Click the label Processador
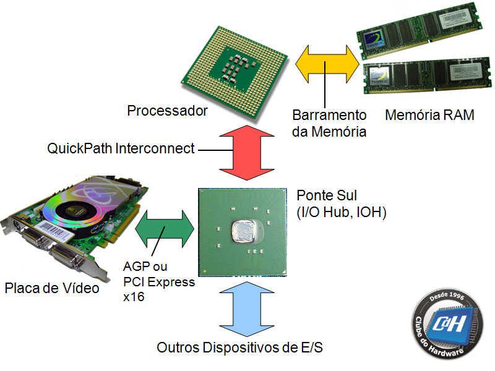(166, 111)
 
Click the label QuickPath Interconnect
(121, 149)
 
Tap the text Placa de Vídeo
(52, 288)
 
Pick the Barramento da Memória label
(329, 123)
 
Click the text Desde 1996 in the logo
(450, 299)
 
